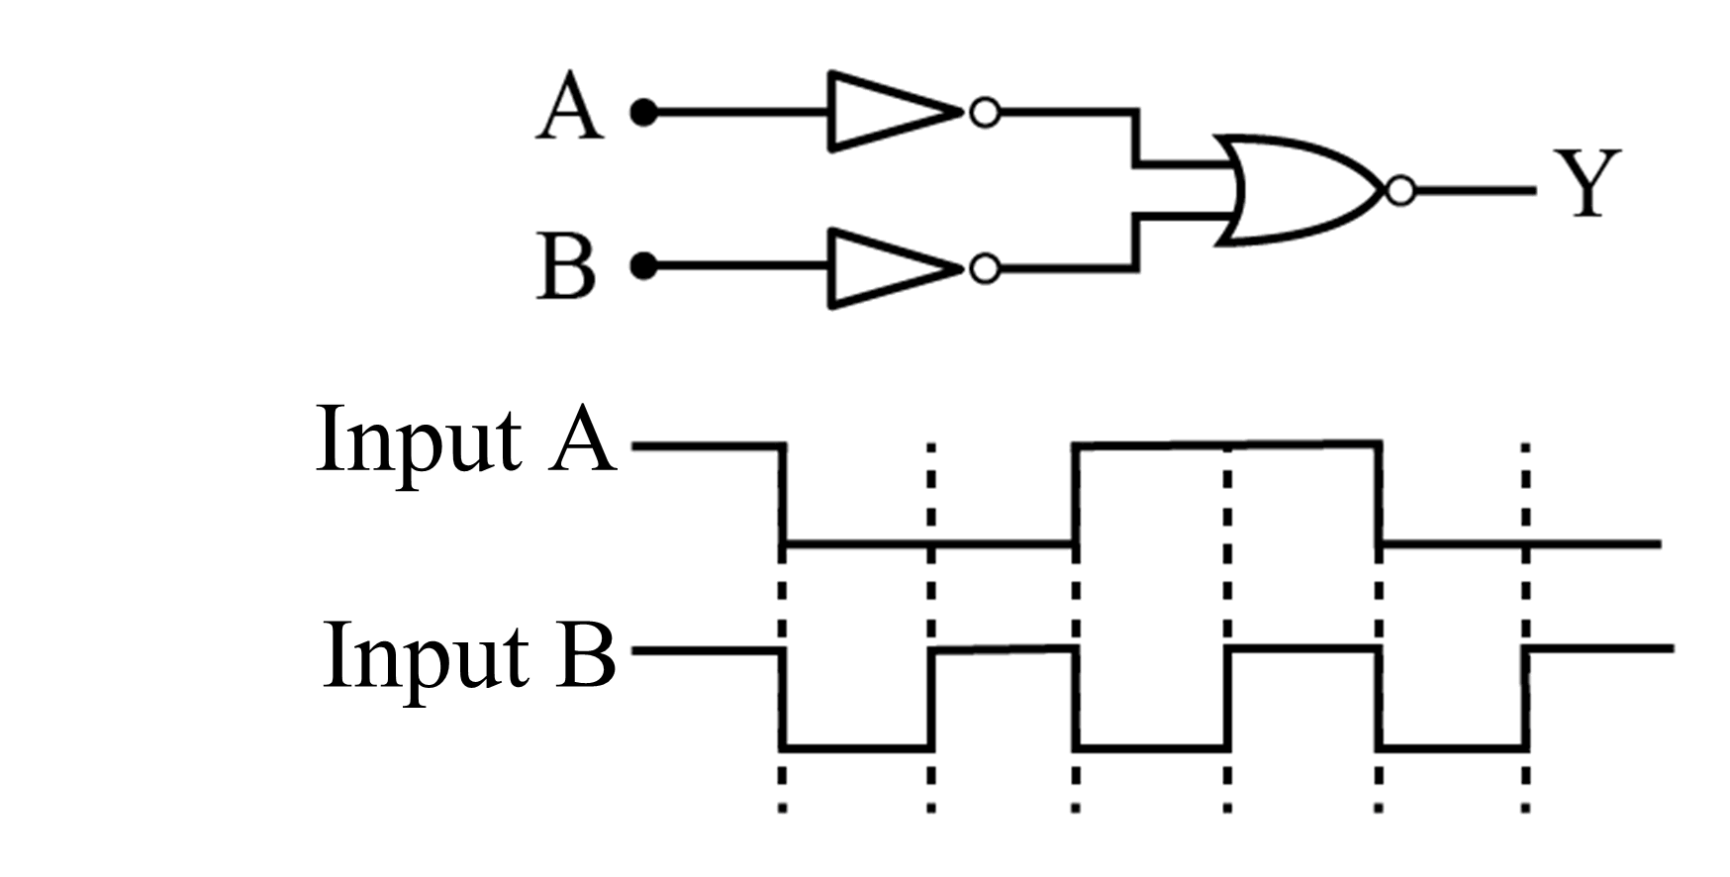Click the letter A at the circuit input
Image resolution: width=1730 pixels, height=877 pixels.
(569, 111)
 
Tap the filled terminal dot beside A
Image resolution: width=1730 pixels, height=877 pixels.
(644, 113)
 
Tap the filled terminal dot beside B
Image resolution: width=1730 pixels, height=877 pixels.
(644, 266)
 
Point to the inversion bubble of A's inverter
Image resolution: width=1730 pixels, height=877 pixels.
(984, 113)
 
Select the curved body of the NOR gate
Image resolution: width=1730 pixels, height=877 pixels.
(1297, 190)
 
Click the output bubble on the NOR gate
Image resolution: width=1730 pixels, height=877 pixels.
(1400, 190)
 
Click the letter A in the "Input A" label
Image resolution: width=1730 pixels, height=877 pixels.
(583, 439)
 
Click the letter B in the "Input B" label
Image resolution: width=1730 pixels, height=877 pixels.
(585, 655)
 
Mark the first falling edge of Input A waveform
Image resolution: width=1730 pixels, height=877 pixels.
(783, 495)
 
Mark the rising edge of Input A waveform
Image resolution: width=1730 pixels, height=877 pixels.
(1077, 495)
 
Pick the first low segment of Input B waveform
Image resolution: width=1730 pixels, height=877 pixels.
(857, 747)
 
